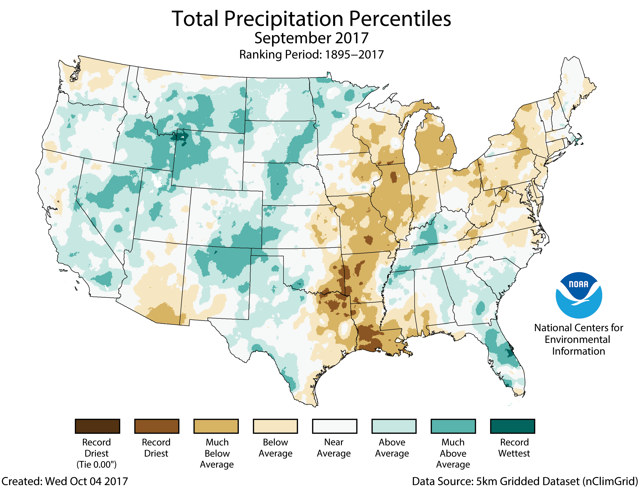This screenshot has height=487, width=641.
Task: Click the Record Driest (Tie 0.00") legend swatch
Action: (97, 426)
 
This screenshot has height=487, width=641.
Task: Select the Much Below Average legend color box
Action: (216, 426)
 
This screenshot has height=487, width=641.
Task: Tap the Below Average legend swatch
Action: (275, 426)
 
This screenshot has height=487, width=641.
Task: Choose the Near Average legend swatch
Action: (334, 426)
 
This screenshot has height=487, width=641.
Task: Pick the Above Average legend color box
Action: (394, 426)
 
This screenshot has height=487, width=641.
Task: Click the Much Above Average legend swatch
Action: (453, 426)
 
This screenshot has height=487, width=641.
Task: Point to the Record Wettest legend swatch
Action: (513, 426)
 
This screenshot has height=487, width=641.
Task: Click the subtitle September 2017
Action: (311, 38)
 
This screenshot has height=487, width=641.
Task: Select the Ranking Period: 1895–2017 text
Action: (311, 54)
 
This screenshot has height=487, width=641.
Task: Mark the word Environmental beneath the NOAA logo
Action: (577, 339)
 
